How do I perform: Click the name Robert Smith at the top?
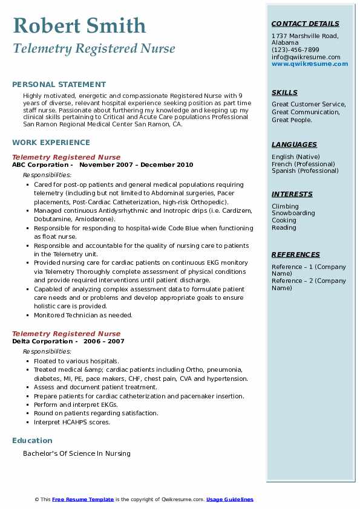point(79,25)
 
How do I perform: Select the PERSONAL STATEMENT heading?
point(59,85)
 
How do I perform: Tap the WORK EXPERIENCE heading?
point(51,143)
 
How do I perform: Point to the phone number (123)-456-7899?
point(295,50)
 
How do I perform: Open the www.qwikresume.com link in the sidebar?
point(310,64)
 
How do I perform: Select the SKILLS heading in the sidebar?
point(284,93)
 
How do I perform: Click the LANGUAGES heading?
point(294,145)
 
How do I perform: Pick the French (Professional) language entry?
point(303,164)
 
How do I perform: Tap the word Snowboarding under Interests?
point(293,213)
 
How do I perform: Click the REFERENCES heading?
point(296,255)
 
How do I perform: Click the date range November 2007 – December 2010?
point(136,165)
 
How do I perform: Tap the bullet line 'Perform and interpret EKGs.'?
point(76,405)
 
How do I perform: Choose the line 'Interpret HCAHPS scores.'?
point(72,423)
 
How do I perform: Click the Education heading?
point(32,441)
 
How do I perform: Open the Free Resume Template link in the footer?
point(83,499)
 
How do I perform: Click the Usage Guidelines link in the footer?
point(230,499)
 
